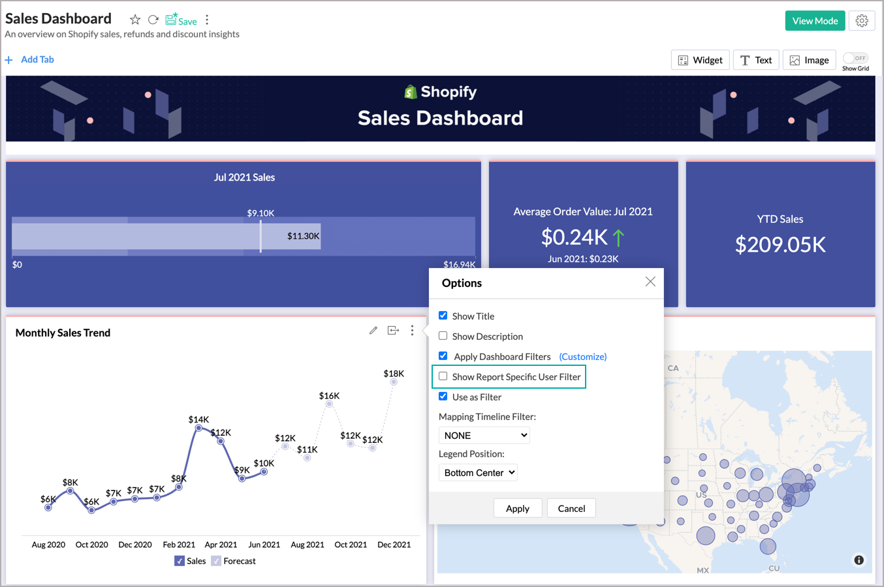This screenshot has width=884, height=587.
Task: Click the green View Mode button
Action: [815, 21]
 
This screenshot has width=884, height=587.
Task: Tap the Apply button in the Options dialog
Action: [518, 509]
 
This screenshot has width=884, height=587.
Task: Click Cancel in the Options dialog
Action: [571, 509]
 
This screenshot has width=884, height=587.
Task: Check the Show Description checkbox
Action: [443, 336]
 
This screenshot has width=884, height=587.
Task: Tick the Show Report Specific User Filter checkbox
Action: [443, 376]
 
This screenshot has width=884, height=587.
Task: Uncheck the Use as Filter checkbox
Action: [443, 397]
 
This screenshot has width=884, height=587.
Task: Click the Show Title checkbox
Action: [443, 316]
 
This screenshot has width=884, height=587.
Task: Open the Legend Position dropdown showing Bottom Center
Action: [478, 473]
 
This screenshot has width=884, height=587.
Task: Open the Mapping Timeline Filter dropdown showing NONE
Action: [484, 436]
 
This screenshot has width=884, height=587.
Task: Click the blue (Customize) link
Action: [583, 357]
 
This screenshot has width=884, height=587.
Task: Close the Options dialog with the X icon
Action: [650, 282]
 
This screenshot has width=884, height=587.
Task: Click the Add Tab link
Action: [37, 59]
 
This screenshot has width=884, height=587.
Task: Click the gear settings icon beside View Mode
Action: [862, 21]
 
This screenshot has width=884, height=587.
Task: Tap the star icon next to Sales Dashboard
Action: [135, 20]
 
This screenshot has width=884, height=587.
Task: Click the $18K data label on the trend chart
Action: [394, 374]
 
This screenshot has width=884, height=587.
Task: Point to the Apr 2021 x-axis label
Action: [221, 545]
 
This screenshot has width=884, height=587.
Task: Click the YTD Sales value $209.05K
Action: [780, 245]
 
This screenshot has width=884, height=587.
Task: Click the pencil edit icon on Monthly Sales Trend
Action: [373, 331]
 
